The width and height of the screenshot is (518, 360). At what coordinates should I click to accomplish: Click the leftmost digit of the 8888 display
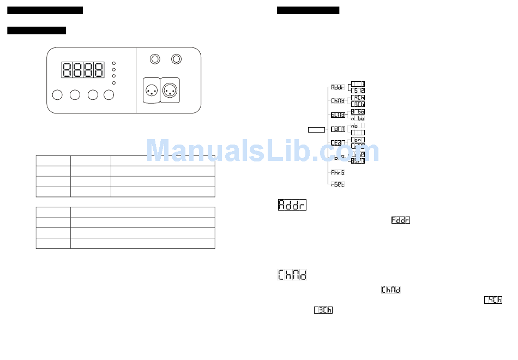click(x=67, y=70)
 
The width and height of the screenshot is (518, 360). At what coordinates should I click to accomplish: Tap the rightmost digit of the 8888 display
click(x=99, y=70)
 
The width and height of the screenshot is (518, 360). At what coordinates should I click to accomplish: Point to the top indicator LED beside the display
click(x=113, y=63)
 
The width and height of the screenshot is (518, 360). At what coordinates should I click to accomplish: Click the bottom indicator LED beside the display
click(x=113, y=83)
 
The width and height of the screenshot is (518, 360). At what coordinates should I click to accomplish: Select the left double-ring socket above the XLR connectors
click(x=155, y=58)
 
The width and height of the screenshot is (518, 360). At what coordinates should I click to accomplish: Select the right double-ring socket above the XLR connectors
click(x=177, y=58)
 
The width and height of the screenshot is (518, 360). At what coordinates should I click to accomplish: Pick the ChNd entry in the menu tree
click(x=338, y=101)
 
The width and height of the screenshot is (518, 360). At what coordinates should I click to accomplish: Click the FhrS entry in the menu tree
click(x=338, y=172)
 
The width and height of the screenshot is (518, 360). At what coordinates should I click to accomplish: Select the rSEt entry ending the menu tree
click(x=338, y=184)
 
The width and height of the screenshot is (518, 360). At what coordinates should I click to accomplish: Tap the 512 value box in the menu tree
click(x=358, y=91)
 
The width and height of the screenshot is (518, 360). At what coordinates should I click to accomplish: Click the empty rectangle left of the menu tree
click(x=316, y=130)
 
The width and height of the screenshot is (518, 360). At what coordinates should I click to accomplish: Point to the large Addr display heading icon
click(x=292, y=205)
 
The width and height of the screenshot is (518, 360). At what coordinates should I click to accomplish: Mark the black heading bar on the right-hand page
click(x=308, y=10)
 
